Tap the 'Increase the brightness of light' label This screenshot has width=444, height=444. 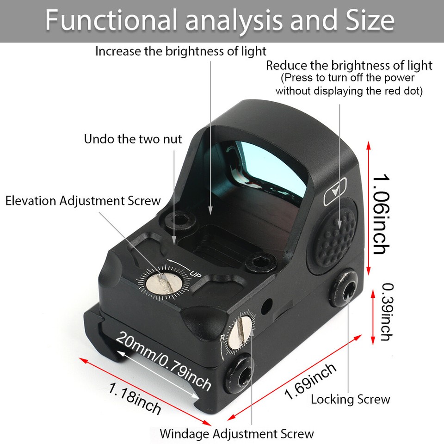tap(181, 51)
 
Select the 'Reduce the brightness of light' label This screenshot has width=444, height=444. tap(349, 65)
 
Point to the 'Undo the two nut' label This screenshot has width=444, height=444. tap(133, 139)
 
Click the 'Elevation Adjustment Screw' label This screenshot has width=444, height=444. tap(83, 201)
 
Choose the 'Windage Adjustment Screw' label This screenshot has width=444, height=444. tap(236, 434)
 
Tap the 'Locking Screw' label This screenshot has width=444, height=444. tap(350, 399)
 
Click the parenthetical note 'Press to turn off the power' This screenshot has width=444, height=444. tap(348, 78)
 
